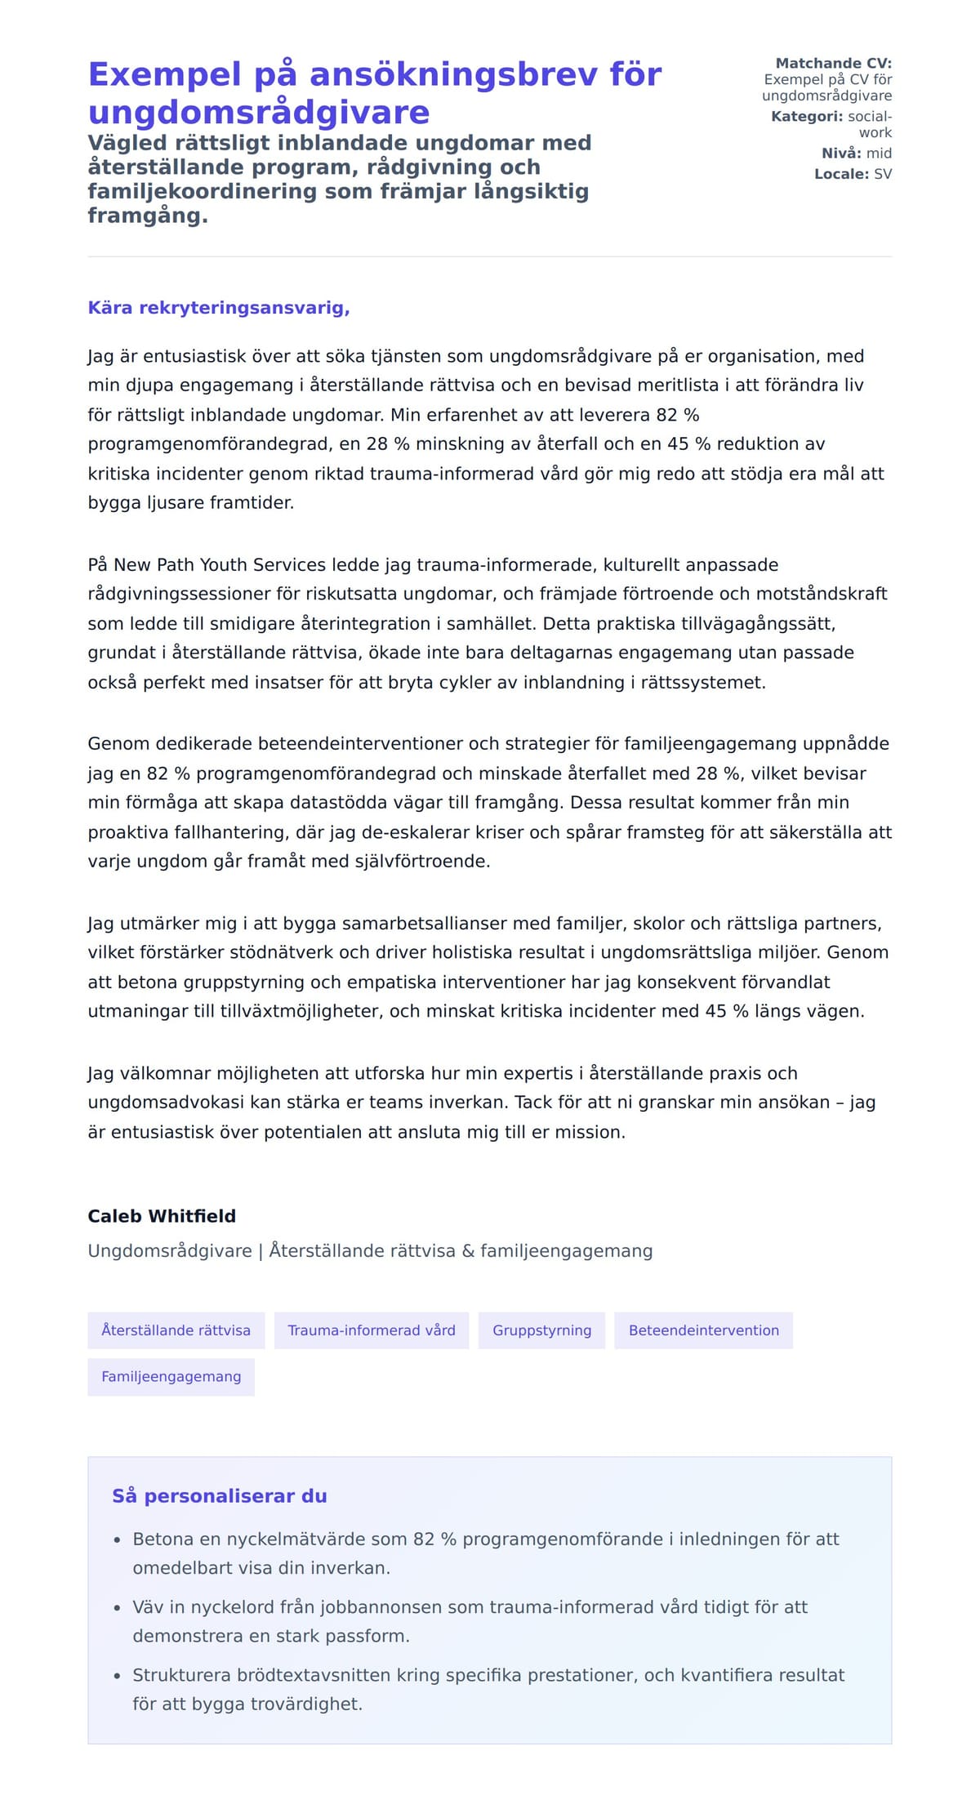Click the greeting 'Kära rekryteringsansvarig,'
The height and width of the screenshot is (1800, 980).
218,308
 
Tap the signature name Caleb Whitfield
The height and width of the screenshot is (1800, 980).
162,1216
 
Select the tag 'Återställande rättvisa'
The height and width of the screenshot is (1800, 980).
176,1330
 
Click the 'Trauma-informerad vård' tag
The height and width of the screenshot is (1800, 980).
372,1330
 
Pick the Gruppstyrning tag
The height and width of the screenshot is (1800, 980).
541,1330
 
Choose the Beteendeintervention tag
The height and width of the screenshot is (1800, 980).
703,1330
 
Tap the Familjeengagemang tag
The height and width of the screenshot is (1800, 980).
171,1377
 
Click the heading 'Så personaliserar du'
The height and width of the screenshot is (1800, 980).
219,1496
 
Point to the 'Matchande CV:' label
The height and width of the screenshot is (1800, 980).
833,63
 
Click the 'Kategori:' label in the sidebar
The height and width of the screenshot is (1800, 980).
806,116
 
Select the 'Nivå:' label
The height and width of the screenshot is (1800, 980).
841,153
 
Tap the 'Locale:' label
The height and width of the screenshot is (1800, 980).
841,174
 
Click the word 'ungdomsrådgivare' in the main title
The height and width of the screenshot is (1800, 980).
258,113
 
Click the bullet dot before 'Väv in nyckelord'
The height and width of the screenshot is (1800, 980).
118,1608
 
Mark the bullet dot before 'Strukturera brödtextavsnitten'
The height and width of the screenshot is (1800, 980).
118,1676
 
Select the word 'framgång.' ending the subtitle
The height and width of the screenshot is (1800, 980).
148,216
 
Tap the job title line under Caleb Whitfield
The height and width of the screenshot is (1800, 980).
369,1251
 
